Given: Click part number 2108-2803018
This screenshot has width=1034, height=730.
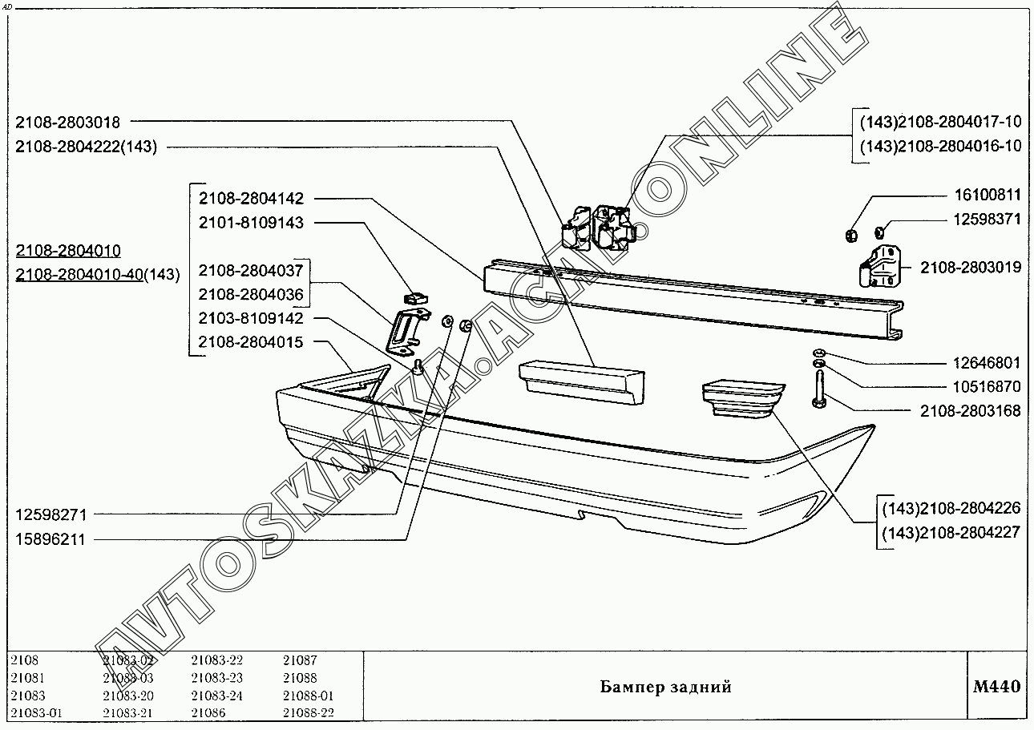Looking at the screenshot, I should point(67,123).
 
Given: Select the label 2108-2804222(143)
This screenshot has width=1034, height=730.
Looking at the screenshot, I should point(86,147).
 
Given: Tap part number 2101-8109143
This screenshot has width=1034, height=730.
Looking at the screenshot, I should point(251,223).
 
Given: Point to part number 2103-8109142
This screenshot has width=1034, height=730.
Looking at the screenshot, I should point(251,318).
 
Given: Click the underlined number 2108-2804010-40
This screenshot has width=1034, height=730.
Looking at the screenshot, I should point(79,274).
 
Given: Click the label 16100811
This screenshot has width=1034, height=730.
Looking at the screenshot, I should point(987,195).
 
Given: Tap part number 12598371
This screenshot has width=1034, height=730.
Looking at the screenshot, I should point(987,219).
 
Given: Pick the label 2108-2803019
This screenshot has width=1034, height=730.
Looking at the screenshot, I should point(971,268).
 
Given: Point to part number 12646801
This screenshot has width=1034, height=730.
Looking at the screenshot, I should point(987,363).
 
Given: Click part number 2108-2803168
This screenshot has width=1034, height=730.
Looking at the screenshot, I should point(971,411).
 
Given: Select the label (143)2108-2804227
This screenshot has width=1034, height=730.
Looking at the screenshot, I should point(951,532).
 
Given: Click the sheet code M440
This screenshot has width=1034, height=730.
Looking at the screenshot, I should point(997,687).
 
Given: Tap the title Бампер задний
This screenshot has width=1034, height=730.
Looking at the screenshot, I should point(665,687).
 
